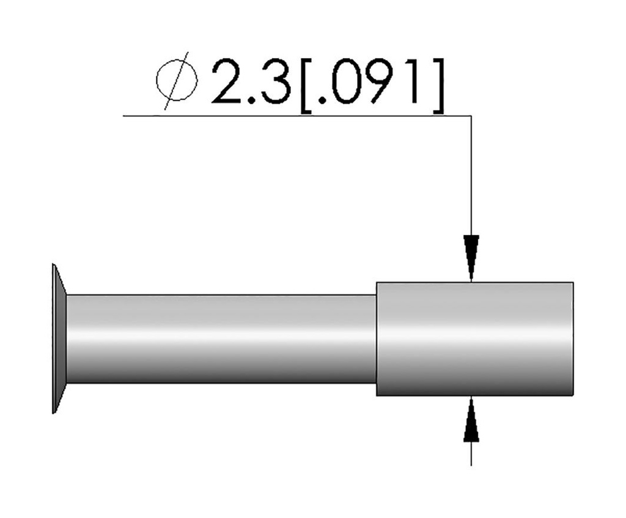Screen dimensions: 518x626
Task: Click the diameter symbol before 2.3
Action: point(178,84)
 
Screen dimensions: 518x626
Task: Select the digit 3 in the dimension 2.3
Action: point(273,83)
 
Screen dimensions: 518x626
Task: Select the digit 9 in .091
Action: point(382,83)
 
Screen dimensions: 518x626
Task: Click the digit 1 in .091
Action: point(414,83)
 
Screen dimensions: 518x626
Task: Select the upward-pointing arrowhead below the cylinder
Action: point(471,420)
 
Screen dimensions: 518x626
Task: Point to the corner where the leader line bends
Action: point(471,115)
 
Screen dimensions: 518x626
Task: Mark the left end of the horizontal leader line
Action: point(125,115)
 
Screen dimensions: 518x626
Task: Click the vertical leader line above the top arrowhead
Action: point(471,177)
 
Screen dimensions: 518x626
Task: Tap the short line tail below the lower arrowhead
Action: point(471,453)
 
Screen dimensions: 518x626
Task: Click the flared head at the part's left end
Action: point(59,339)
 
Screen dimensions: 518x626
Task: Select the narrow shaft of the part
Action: point(220,339)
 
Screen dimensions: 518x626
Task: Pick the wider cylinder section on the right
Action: point(474,339)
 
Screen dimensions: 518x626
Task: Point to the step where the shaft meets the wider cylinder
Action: point(376,339)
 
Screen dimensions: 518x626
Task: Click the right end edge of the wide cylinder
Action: point(573,339)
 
